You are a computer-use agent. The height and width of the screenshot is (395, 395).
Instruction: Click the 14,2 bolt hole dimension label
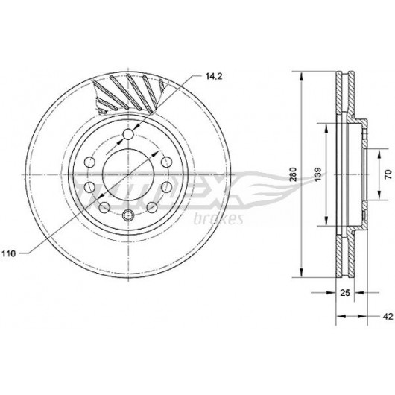tap(214, 76)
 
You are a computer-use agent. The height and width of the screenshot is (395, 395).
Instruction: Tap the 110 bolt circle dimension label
tap(9, 253)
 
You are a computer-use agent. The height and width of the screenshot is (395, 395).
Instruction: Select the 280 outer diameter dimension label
tap(293, 174)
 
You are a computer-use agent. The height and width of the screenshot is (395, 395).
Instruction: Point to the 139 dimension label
tap(318, 174)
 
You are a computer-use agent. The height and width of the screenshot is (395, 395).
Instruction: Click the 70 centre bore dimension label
tap(388, 174)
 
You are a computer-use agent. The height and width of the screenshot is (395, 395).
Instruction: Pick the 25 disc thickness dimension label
tap(345, 293)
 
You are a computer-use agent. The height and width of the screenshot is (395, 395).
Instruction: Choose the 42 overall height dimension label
tap(388, 316)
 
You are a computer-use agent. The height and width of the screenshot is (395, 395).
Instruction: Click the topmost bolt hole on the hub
tap(128, 133)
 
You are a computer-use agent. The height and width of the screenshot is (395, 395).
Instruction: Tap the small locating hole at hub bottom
tap(127, 215)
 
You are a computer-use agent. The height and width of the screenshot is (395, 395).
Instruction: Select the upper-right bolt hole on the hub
tap(166, 162)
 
